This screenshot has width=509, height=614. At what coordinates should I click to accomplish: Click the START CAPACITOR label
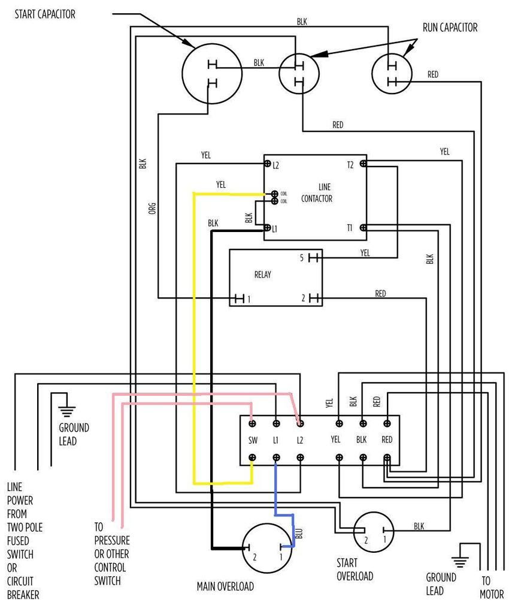click(x=45, y=14)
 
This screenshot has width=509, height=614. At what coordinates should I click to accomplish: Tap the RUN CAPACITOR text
click(x=450, y=28)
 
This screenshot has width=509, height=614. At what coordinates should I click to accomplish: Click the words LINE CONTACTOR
click(x=317, y=193)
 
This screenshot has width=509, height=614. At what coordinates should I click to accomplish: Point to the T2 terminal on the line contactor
click(x=363, y=164)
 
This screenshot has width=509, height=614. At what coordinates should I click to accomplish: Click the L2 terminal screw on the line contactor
click(x=268, y=164)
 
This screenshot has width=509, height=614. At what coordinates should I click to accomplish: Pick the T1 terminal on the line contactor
click(x=363, y=227)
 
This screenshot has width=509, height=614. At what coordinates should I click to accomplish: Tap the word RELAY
click(x=263, y=275)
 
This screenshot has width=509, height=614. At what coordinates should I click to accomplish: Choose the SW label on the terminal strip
click(x=253, y=441)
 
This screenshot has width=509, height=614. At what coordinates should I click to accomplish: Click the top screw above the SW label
click(x=253, y=423)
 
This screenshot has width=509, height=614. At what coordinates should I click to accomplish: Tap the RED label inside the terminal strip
click(x=387, y=440)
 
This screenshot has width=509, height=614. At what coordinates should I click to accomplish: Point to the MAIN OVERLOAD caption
click(x=225, y=586)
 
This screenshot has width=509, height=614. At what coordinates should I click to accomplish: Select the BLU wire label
click(x=299, y=533)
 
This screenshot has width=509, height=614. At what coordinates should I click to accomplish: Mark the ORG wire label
click(x=153, y=208)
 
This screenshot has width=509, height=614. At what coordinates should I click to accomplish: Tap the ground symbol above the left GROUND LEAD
click(x=67, y=411)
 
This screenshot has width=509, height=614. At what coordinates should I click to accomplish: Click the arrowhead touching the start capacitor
click(x=186, y=42)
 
